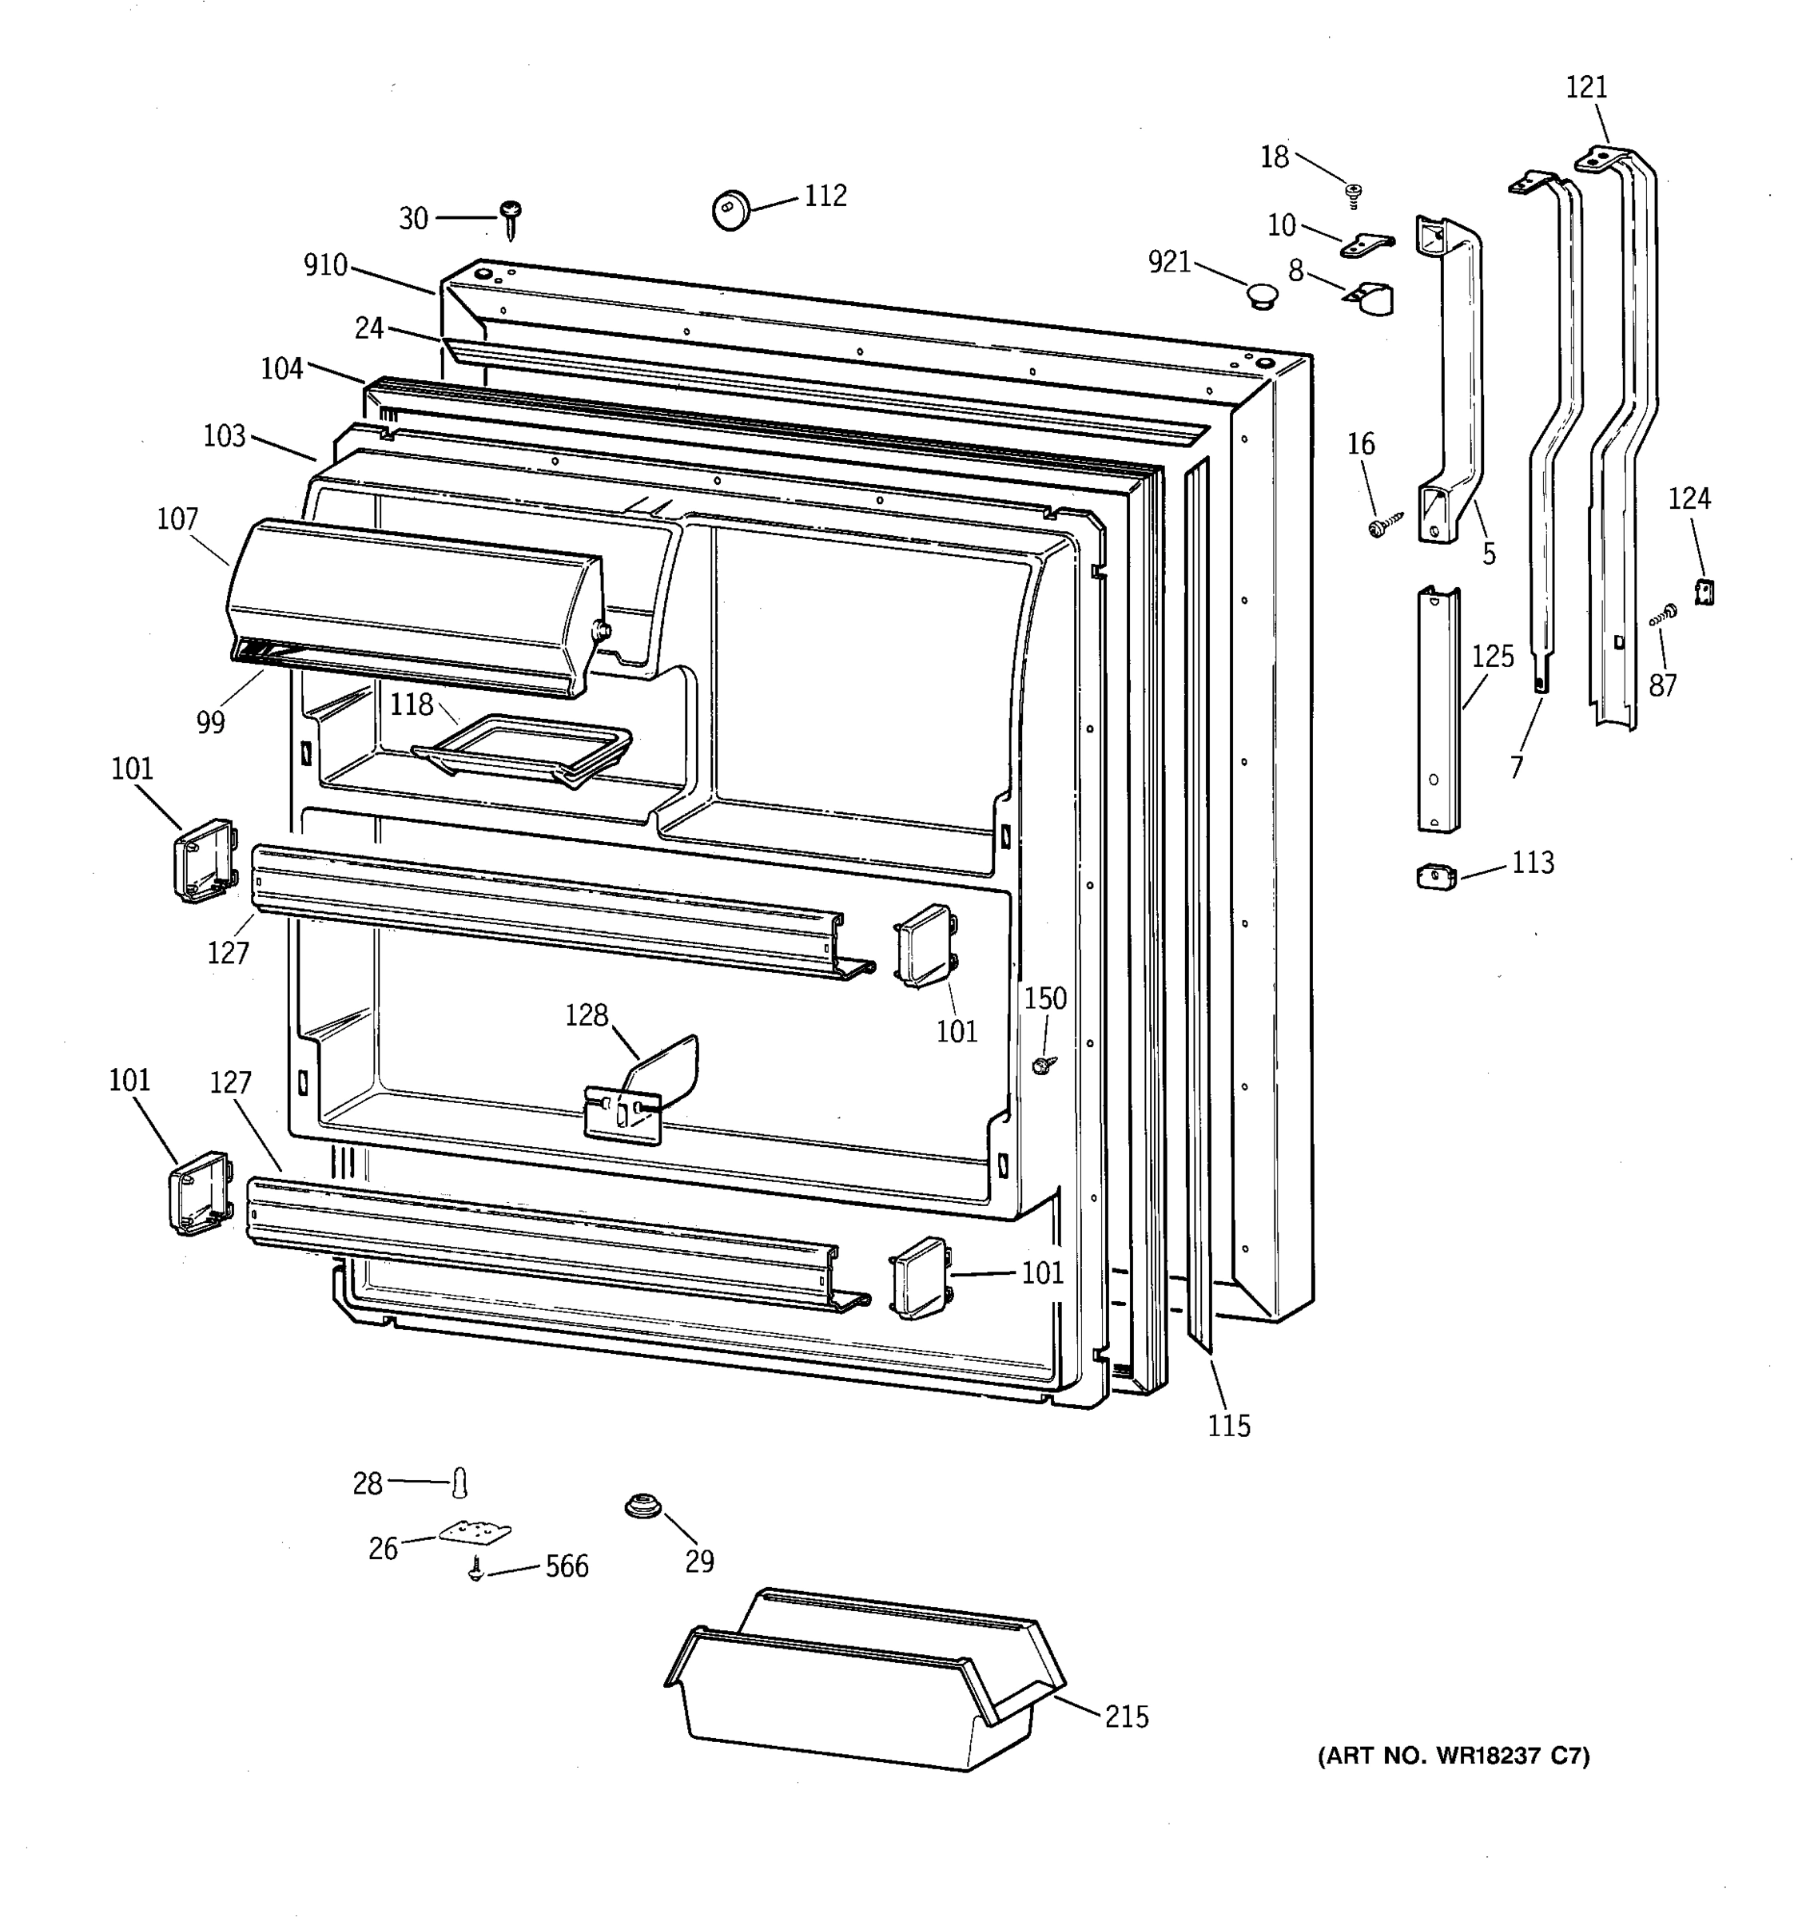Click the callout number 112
[825, 196]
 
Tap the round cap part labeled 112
[731, 209]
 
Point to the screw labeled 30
[511, 219]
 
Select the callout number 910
[325, 265]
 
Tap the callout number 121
[1585, 88]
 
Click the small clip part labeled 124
[1705, 591]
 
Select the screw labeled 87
[1664, 615]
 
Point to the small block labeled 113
[1436, 875]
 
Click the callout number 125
[1492, 657]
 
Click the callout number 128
[587, 1015]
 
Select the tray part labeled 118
[523, 748]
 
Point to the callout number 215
[1127, 1717]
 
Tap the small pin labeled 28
[460, 1483]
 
